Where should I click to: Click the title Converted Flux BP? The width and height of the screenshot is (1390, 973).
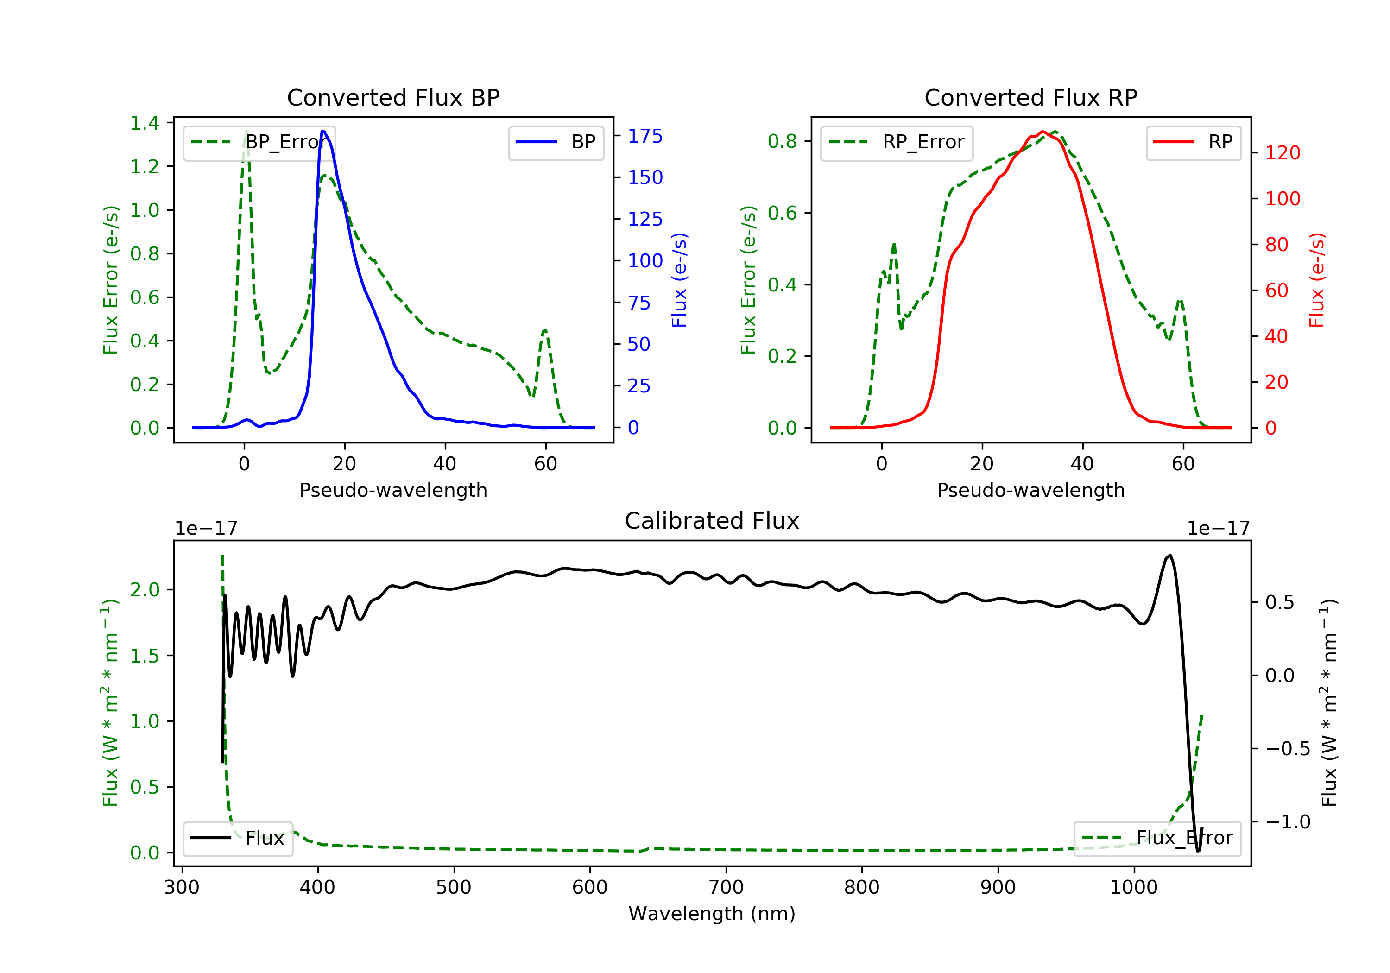point(393,97)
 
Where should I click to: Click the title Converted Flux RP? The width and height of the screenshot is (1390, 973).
point(1030,97)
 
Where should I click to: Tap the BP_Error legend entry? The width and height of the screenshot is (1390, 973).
point(259,143)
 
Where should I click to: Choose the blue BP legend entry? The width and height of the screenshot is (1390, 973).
point(556,143)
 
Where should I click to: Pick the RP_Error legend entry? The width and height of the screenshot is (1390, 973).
point(896,143)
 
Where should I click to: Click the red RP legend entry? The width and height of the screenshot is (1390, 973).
point(1193,143)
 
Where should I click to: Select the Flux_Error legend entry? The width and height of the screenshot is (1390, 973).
point(1157,838)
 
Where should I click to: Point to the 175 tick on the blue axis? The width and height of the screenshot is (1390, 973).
point(645,136)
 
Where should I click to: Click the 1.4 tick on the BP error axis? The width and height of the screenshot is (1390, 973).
point(145,124)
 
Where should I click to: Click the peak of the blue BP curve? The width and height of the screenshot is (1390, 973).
point(323,132)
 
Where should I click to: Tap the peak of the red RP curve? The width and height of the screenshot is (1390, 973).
point(1042,132)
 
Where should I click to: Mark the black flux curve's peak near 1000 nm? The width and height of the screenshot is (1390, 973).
point(1169,555)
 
